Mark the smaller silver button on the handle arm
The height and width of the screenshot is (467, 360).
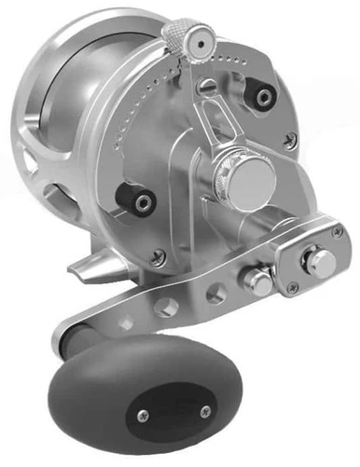point(253,277)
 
